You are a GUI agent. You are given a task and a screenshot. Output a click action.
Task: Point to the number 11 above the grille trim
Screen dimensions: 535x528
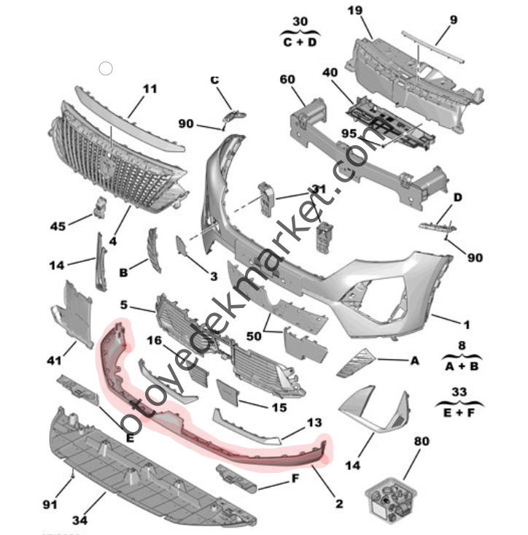(150, 90)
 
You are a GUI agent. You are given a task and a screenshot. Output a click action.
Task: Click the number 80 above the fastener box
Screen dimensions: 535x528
(422, 441)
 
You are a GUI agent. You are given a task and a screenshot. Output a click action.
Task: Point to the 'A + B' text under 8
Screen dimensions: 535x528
(457, 366)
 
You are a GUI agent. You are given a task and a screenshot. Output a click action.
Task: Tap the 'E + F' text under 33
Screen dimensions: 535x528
(457, 412)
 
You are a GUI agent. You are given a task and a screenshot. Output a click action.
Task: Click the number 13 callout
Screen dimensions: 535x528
(314, 423)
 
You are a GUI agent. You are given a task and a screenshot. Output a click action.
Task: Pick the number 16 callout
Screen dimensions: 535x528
(154, 339)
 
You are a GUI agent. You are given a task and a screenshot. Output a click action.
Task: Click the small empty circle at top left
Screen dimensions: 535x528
(106, 69)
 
